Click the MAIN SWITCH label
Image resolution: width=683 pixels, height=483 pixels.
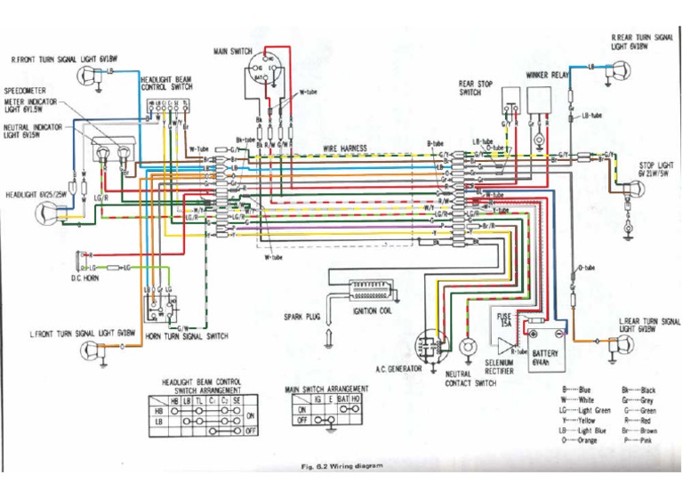(233, 52)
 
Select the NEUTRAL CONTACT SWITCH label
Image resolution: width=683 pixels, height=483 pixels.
(470, 379)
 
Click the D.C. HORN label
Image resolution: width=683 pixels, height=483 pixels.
(84, 279)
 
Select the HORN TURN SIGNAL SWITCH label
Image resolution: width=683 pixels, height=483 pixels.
(187, 336)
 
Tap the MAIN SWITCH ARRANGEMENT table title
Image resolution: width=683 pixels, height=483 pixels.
(326, 390)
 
